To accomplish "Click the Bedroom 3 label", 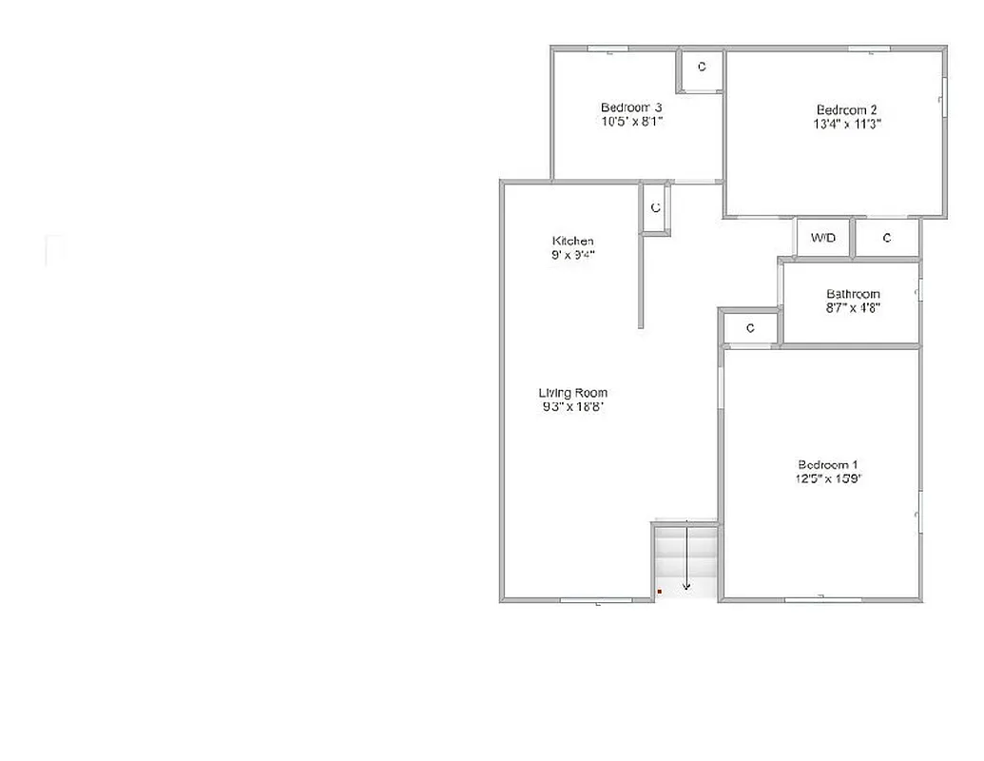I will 630,107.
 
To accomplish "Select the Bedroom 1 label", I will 828,464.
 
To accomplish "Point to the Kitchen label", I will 572,241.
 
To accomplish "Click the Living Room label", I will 572,393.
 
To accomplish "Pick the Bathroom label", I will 853,294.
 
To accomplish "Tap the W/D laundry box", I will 823,238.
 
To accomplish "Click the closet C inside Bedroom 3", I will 702,67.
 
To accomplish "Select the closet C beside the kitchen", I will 655,207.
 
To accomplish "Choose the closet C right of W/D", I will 887,238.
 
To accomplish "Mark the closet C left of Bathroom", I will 750,328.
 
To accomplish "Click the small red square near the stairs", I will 659,592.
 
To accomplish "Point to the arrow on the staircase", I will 685,561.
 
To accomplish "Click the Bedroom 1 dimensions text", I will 828,479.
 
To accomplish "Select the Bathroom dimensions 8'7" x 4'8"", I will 853,308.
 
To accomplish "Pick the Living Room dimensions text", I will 572,407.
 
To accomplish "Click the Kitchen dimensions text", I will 572,255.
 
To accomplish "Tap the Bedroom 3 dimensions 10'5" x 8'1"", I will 630,122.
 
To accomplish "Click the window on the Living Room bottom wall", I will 596,600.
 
